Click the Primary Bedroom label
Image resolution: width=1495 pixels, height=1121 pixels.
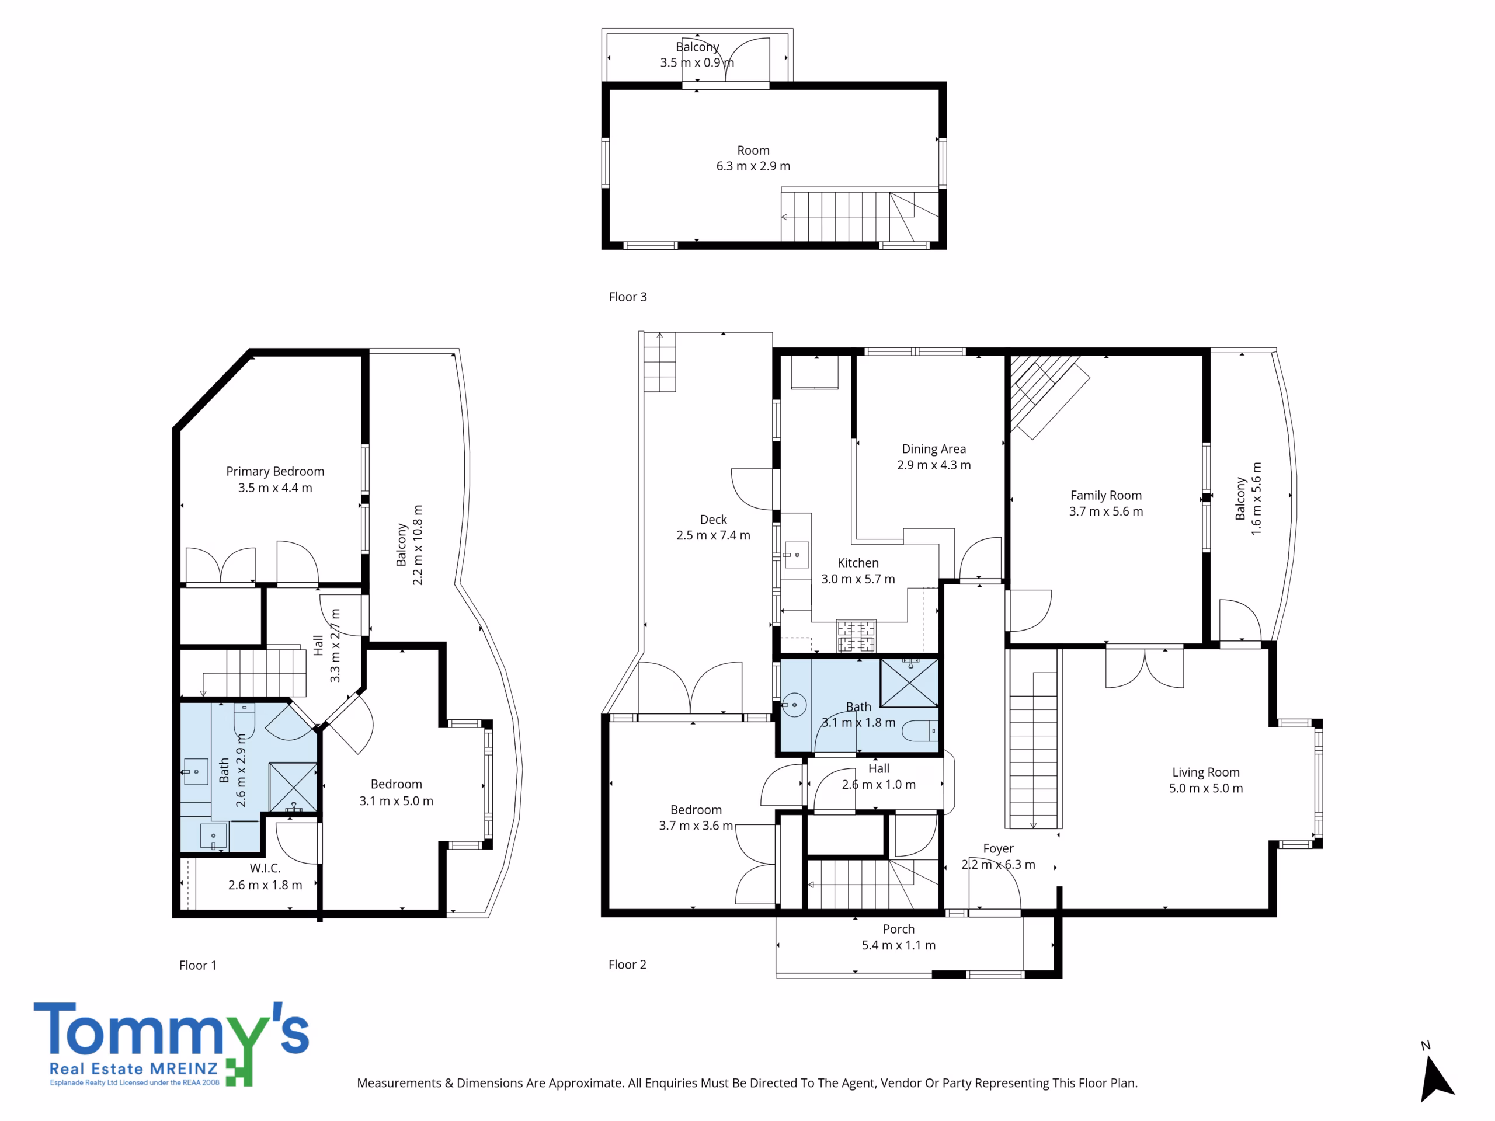[x=275, y=472]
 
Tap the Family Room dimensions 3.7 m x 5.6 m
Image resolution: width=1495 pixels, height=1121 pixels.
[x=1105, y=511]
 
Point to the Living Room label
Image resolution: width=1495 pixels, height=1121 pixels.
[x=1206, y=772]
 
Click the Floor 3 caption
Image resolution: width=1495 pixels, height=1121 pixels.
[x=628, y=297]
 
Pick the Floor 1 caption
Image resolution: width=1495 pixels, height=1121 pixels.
[x=198, y=965]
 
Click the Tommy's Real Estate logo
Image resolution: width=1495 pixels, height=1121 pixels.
[x=172, y=1044]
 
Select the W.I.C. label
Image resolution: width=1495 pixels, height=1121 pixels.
[x=265, y=868]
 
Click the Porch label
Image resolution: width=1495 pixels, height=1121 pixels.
[x=898, y=929]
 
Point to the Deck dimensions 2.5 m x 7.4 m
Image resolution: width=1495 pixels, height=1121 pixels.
[x=713, y=535]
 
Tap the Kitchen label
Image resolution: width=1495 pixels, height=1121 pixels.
[x=858, y=563]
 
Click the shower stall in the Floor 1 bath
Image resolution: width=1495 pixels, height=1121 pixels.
[x=293, y=786]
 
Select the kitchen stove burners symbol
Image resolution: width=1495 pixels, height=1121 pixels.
[x=856, y=635]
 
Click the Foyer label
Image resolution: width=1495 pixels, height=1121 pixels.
[x=998, y=849]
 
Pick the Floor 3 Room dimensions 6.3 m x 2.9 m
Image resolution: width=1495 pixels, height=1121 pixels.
[x=753, y=166]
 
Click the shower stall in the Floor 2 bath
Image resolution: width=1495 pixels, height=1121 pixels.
[x=909, y=683]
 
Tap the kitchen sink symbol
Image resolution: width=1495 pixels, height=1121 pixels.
[x=796, y=555]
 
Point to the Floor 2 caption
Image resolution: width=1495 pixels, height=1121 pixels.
[x=627, y=965]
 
